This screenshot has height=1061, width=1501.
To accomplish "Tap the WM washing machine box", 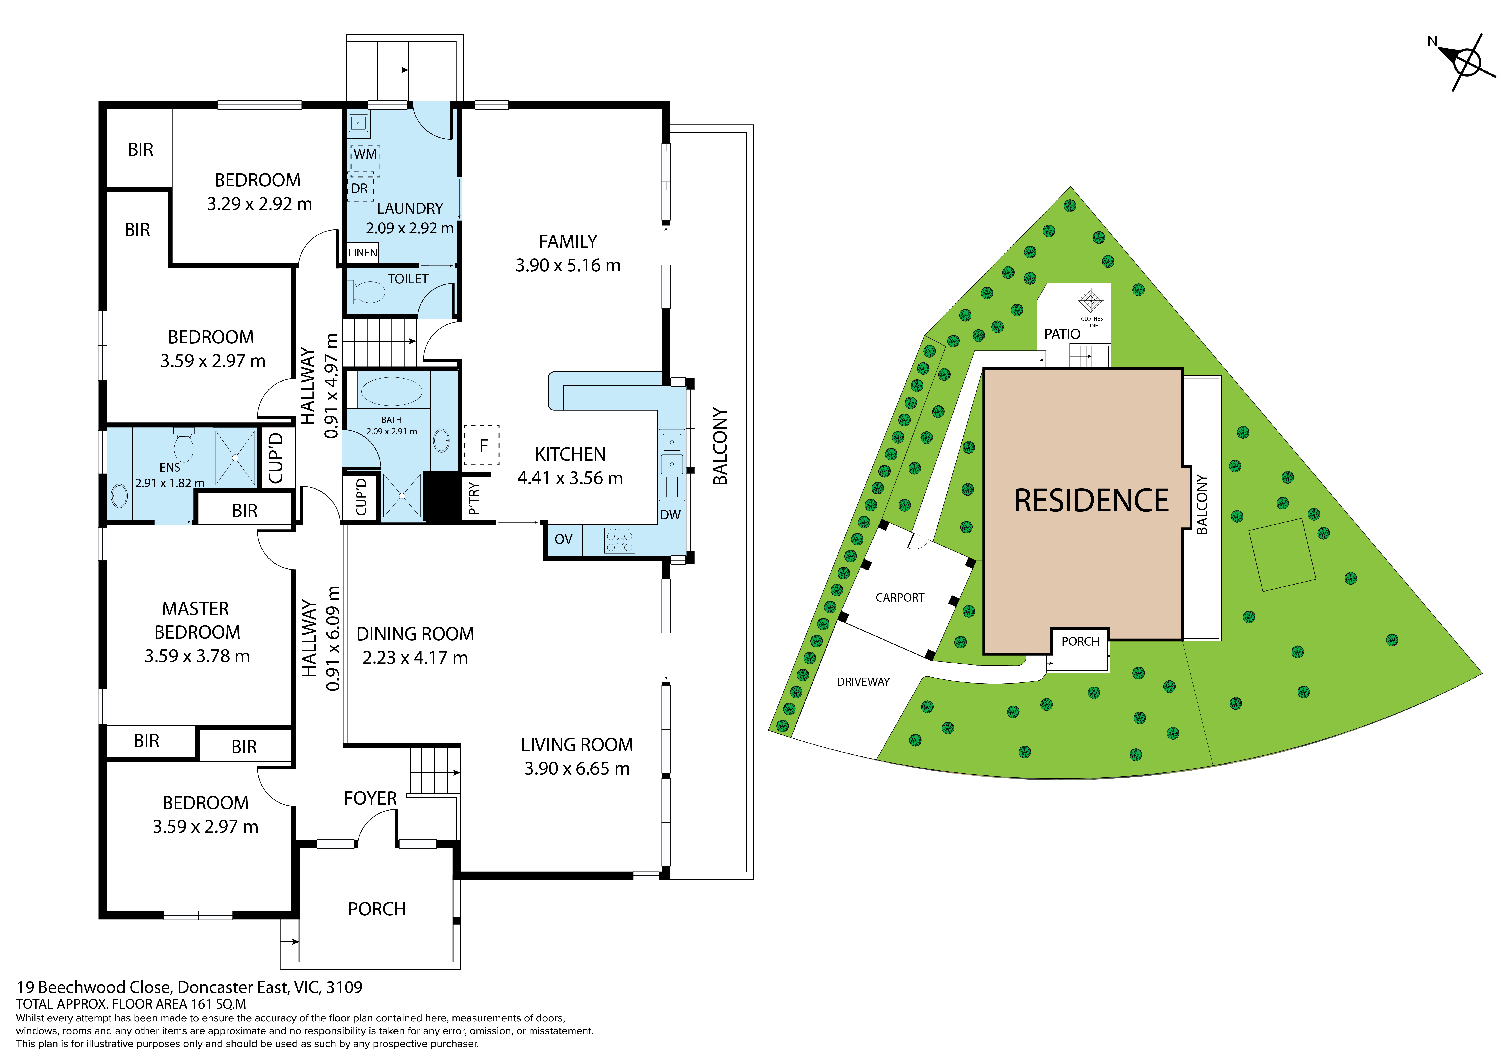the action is click(365, 161).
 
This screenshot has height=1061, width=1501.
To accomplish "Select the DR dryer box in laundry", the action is click(360, 189).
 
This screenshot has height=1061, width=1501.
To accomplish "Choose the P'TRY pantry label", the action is click(474, 498).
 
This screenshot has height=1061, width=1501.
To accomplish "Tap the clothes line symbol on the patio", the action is click(1091, 301).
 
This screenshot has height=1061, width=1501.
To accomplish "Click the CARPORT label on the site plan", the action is click(900, 598).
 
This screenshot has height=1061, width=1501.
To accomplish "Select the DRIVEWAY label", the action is click(863, 682).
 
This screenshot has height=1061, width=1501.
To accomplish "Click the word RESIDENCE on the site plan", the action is click(1091, 501).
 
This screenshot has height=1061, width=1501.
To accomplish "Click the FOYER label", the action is click(370, 798).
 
